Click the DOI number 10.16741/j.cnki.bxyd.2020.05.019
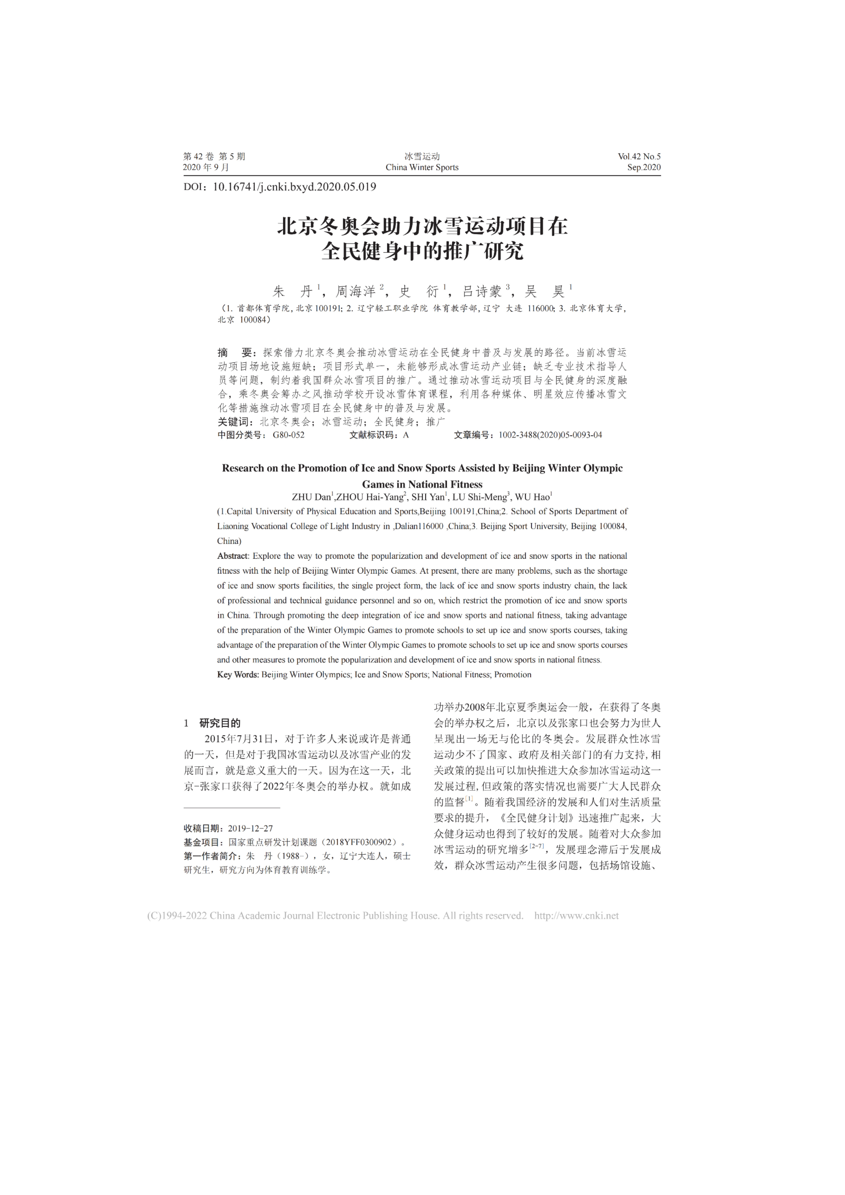pyautogui.click(x=295, y=187)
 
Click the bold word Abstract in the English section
pyautogui.click(x=233, y=556)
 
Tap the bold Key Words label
pyautogui.click(x=238, y=674)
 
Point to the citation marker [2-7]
pyautogui.click(x=537, y=847)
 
